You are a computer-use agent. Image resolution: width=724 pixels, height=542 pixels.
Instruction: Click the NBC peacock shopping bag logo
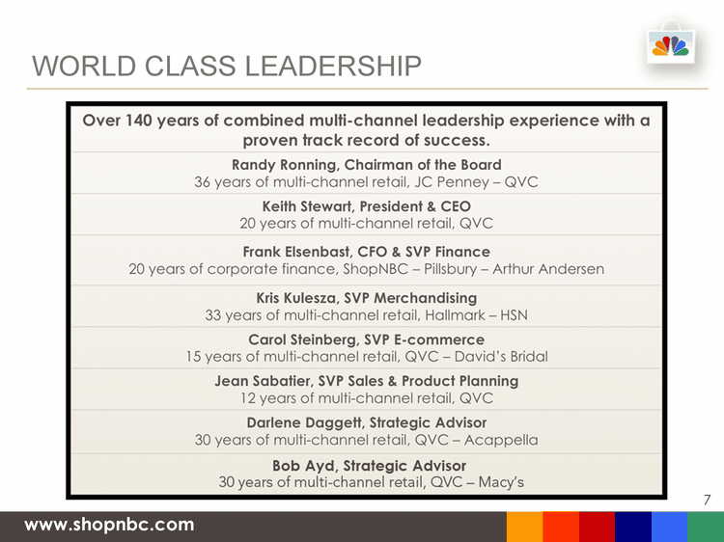pos(671,42)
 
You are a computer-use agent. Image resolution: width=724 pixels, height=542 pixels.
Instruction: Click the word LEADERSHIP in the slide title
pos(333,66)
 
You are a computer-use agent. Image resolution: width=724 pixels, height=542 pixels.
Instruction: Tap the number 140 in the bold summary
pos(138,121)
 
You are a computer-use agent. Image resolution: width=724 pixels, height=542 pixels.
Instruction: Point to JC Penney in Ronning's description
pos(451,182)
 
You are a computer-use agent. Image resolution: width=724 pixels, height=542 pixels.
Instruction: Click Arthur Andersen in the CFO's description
pos(548,269)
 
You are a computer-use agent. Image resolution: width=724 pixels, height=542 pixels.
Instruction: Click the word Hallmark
pos(455,315)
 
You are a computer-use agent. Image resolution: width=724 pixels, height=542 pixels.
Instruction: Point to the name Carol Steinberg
pos(302,340)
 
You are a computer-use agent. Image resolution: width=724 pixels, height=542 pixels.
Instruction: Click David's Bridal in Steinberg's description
pos(501,357)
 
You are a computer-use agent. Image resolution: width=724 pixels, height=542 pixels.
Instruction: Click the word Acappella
pos(501,440)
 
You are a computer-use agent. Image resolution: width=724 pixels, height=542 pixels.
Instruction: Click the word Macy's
pos(501,482)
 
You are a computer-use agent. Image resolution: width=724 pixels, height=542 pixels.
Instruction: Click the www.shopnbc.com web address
pos(109,525)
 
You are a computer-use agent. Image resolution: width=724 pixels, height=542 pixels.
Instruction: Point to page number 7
pos(707,500)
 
